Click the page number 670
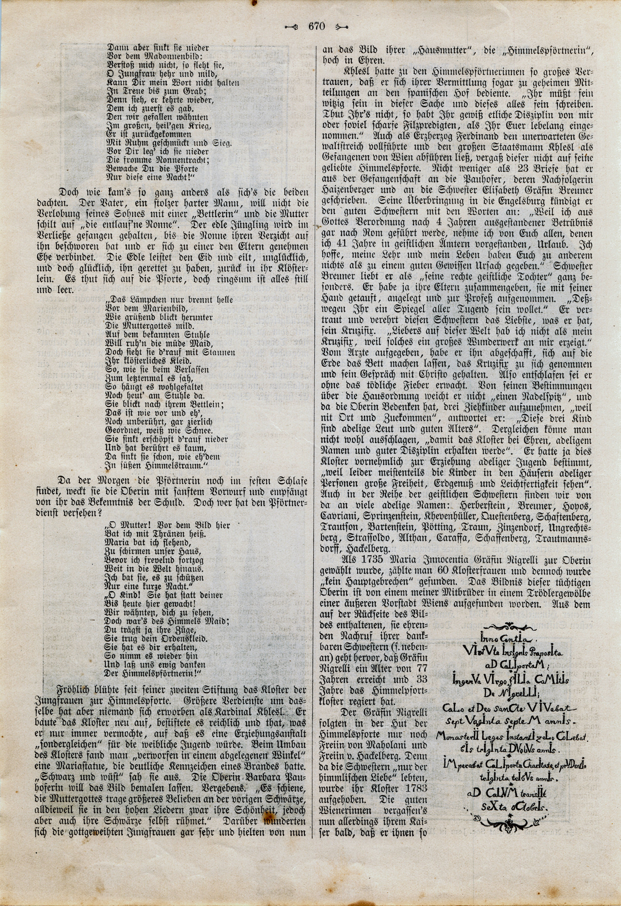pyautogui.click(x=316, y=27)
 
